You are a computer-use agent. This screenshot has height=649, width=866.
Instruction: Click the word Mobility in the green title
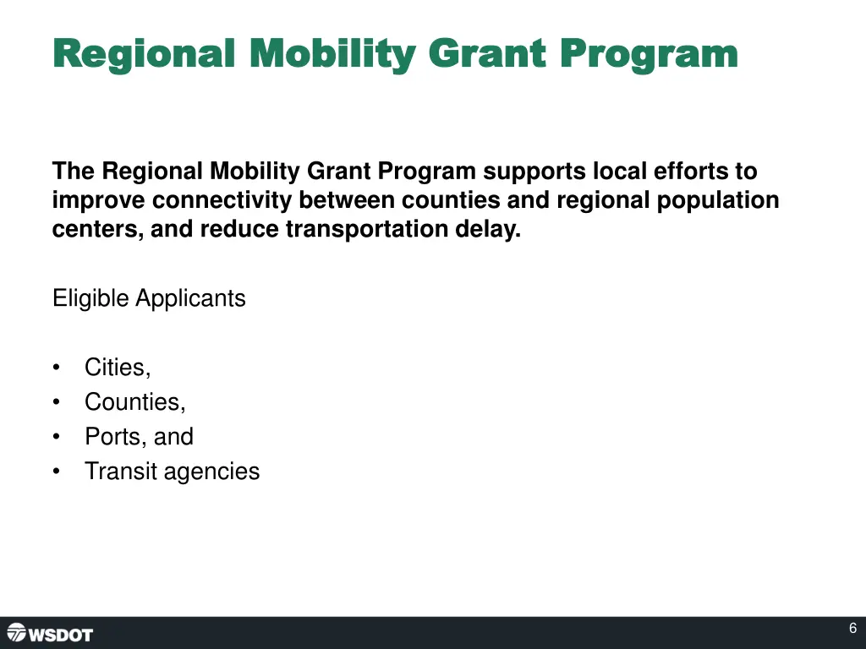332,54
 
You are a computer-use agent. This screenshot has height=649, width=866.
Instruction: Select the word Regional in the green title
143,54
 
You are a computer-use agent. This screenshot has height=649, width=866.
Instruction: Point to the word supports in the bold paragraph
534,172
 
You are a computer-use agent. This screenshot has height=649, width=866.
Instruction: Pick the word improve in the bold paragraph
99,200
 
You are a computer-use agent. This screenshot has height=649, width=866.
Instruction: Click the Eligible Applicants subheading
149,298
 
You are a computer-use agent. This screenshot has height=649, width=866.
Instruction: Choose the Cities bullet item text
118,368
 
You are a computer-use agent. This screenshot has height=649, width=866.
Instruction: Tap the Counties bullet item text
134,402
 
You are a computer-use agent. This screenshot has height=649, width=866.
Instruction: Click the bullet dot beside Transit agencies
56,472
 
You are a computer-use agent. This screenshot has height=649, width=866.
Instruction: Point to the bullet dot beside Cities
56,368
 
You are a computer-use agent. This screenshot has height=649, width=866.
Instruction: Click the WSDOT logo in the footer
50,633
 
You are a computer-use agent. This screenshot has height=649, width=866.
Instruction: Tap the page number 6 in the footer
852,629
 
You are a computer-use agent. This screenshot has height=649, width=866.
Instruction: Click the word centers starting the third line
96,229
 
